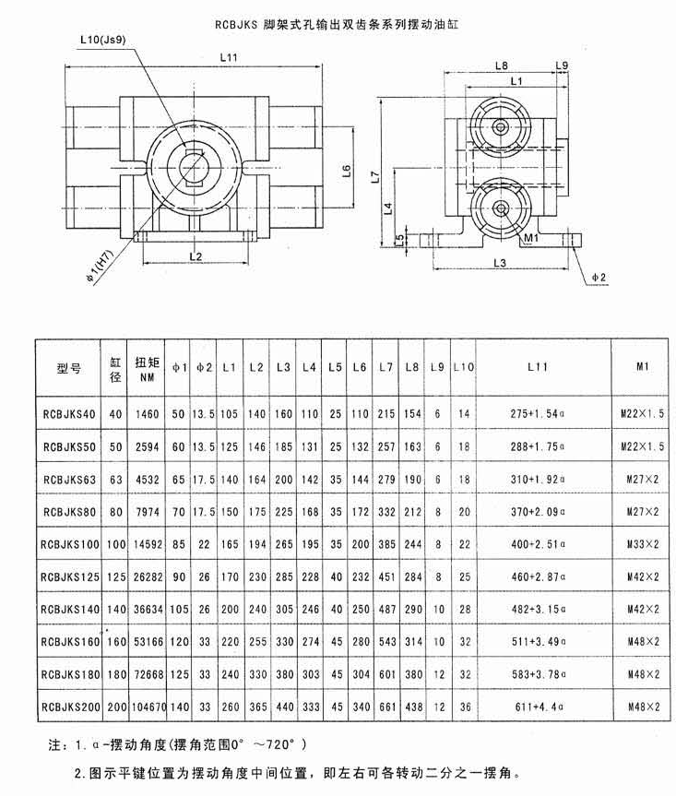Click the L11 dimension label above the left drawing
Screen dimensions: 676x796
point(229,57)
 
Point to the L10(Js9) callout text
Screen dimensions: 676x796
point(103,40)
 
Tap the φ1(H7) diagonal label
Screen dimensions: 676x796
point(101,267)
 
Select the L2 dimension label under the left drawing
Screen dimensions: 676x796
point(196,256)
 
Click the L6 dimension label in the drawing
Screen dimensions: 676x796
point(347,171)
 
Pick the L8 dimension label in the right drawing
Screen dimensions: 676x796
point(501,65)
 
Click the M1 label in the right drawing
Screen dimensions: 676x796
point(531,238)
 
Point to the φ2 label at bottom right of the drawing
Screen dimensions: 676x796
point(599,278)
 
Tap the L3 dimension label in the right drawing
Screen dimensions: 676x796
point(500,263)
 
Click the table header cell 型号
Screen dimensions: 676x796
point(68,368)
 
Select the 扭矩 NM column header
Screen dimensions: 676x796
point(148,369)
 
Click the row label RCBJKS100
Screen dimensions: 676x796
point(70,544)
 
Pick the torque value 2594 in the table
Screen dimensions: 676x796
point(148,446)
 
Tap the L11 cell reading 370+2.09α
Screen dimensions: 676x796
point(538,512)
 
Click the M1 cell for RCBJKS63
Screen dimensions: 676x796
point(643,480)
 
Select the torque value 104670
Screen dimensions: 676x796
point(149,707)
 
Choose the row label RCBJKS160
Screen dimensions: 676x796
point(70,642)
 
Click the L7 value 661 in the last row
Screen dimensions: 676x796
point(386,707)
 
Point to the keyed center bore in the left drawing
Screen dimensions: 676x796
point(195,167)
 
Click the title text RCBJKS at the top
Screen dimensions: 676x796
point(236,24)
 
